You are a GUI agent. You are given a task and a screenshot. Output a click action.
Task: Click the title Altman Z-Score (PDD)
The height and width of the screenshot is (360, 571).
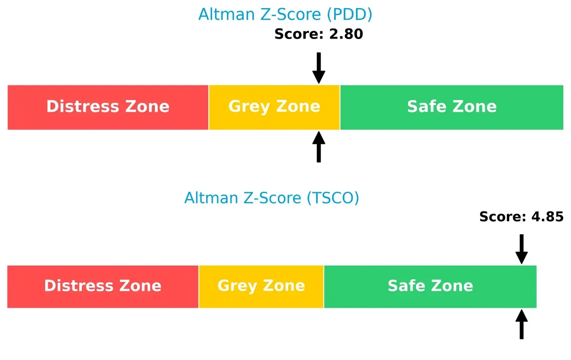285,14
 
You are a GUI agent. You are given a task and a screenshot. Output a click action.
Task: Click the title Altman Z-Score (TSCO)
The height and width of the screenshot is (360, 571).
272,197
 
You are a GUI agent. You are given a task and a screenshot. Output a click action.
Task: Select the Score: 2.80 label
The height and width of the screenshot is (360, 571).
319,34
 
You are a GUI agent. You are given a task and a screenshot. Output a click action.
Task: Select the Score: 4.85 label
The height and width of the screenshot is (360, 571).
522,217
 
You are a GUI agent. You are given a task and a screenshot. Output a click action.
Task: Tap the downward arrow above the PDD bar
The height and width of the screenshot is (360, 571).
319,68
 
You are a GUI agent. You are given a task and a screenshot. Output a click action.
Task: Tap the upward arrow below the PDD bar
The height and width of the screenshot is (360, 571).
319,147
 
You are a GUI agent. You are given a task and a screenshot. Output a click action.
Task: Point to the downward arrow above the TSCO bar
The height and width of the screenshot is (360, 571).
522,248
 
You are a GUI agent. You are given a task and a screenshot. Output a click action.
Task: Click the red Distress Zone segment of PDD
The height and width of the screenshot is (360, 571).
108,107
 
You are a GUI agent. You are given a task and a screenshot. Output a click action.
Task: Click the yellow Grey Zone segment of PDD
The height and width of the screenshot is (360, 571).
274,107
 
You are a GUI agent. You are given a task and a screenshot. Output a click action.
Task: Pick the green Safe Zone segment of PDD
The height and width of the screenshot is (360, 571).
452,107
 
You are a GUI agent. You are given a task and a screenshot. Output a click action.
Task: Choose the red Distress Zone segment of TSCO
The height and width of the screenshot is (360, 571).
103,286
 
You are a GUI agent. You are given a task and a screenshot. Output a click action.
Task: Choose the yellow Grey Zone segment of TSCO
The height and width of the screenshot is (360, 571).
261,286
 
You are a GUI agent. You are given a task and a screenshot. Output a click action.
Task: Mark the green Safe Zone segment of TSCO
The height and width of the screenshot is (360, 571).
430,286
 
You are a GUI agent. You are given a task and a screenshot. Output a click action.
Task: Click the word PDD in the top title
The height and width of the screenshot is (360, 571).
349,14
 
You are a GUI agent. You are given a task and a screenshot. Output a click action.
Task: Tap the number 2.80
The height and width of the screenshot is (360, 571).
346,34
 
